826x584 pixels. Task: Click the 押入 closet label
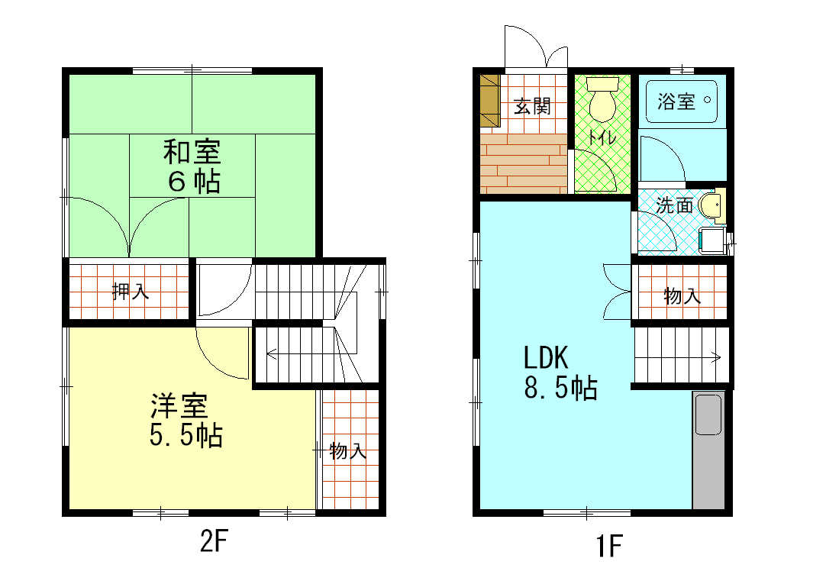(130, 291)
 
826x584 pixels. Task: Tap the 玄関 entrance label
(531, 106)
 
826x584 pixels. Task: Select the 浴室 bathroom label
(676, 102)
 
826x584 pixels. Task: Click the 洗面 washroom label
(675, 205)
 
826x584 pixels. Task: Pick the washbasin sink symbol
(710, 205)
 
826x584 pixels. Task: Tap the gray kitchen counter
(708, 450)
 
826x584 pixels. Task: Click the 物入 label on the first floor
(682, 296)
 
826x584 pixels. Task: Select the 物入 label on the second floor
(348, 451)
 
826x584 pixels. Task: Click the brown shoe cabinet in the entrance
(489, 101)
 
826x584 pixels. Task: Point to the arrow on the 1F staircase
(716, 355)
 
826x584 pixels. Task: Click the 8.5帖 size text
(560, 389)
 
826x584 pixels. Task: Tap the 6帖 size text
(195, 182)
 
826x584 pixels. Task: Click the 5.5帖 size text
(186, 435)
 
